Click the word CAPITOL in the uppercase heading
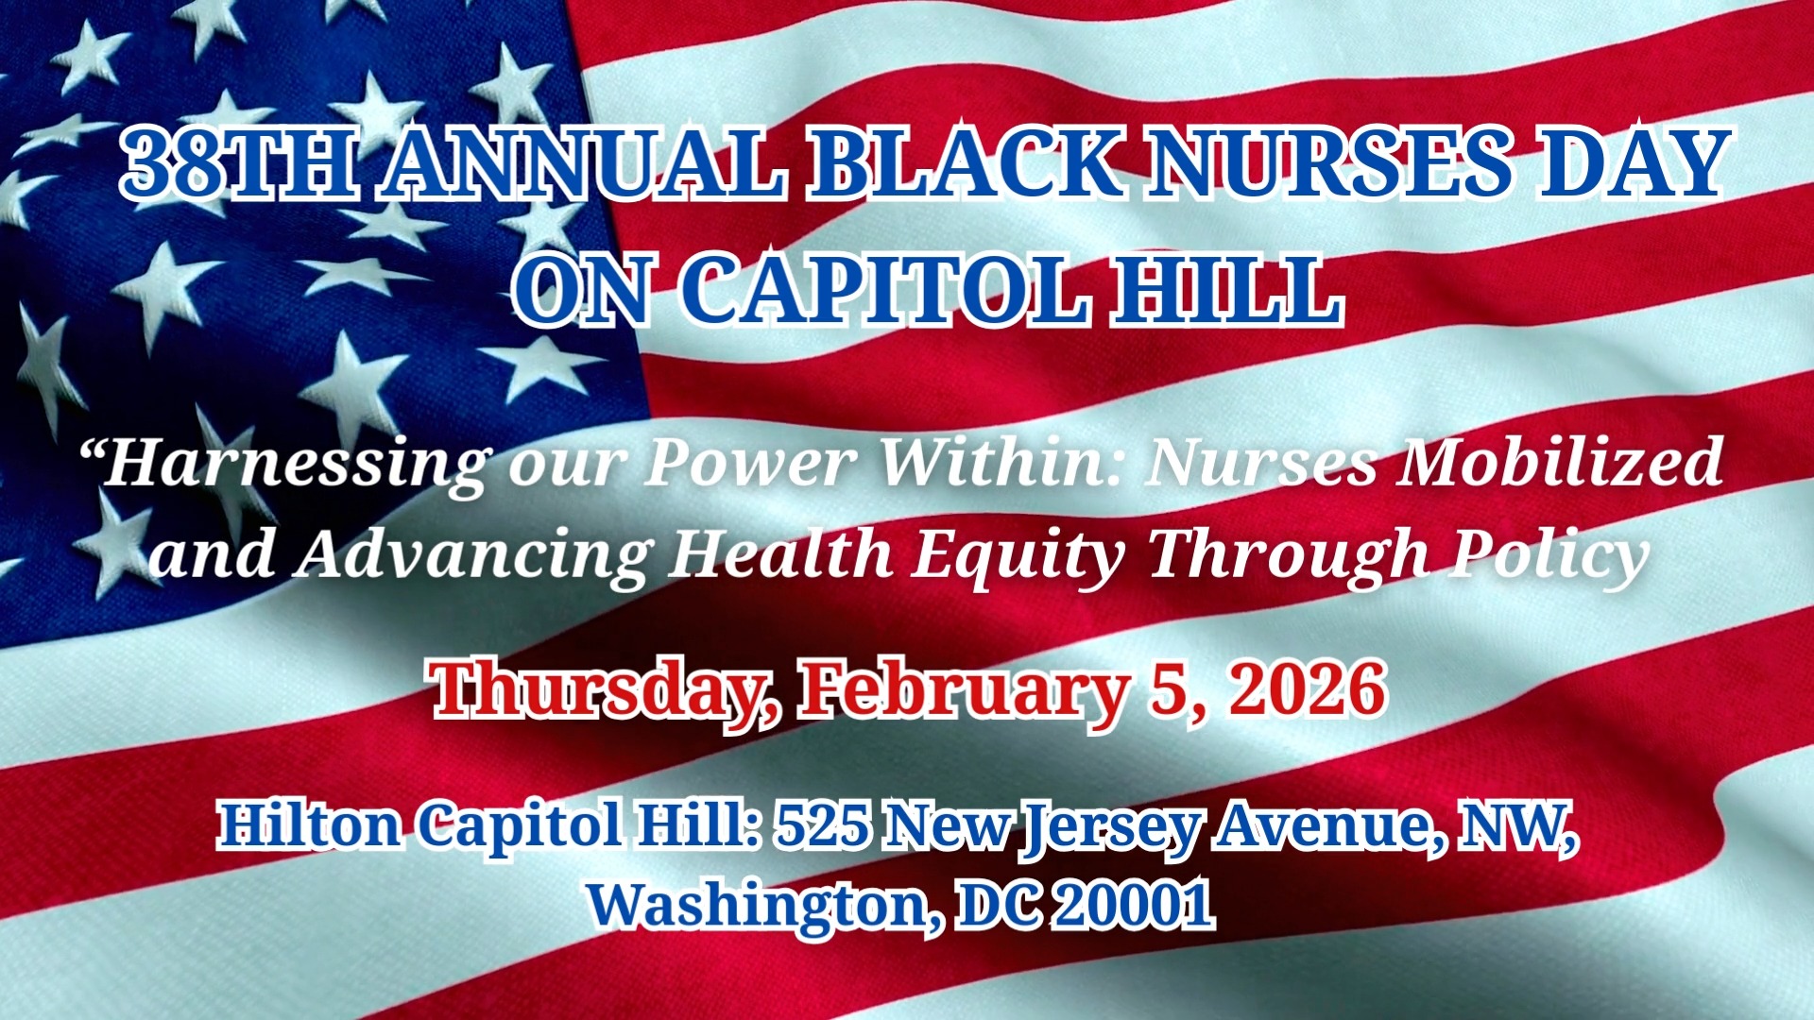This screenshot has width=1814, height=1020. point(884,290)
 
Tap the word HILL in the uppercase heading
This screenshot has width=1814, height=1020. point(1228,290)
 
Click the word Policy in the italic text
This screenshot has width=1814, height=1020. point(1549,555)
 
